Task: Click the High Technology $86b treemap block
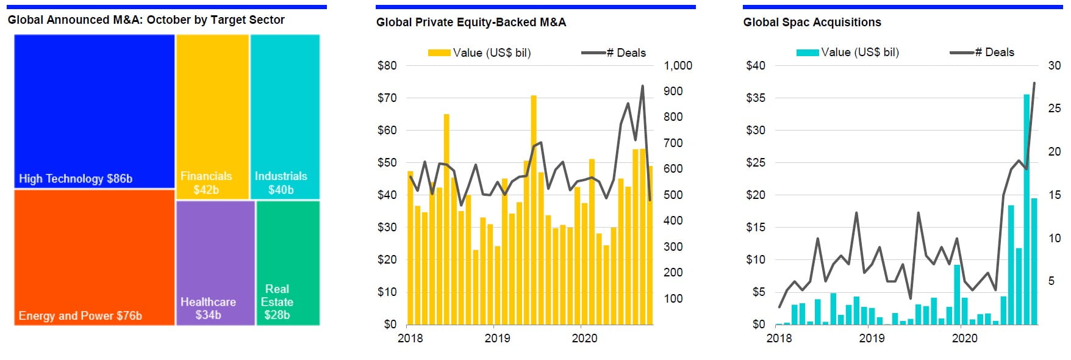click(x=95, y=111)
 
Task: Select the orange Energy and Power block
click(x=95, y=257)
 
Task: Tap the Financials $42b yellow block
click(x=212, y=116)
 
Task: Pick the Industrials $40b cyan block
click(x=285, y=116)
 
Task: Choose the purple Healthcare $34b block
click(x=215, y=262)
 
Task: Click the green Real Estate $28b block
click(x=288, y=262)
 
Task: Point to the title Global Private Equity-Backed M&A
click(x=471, y=23)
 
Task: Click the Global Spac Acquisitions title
click(x=812, y=23)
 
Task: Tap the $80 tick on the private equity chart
click(x=387, y=65)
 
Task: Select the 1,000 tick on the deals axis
click(x=678, y=65)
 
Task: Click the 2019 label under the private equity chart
click(x=497, y=338)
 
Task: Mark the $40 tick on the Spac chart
click(x=755, y=65)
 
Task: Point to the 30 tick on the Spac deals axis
click(x=1054, y=65)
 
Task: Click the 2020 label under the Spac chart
click(x=964, y=338)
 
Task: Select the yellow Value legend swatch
click(x=439, y=53)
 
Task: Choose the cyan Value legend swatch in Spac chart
click(x=808, y=52)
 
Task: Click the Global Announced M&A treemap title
click(x=146, y=20)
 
